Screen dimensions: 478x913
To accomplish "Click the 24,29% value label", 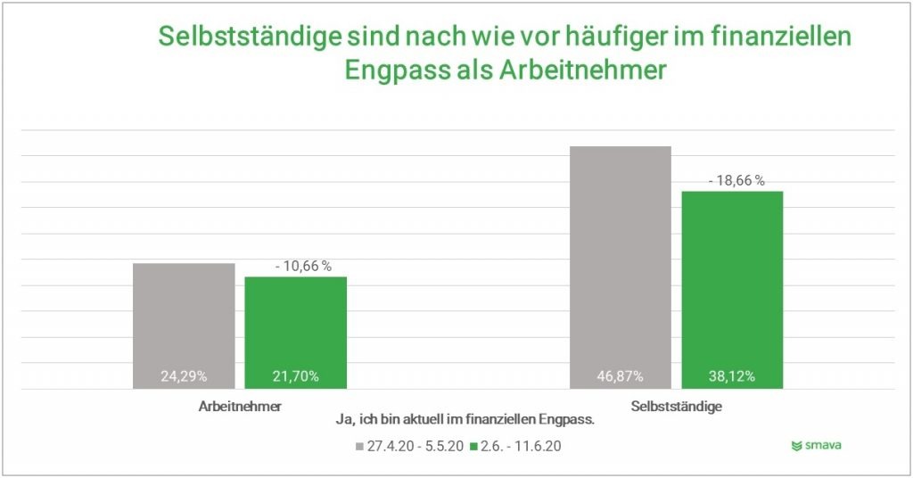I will (x=185, y=376).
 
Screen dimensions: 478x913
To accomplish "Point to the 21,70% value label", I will (x=296, y=376).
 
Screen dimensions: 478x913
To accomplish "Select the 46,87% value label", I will (x=620, y=376).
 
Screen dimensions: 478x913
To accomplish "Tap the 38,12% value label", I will (x=732, y=376).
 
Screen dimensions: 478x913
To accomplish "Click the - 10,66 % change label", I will (x=302, y=266).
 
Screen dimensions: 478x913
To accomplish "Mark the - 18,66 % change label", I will (x=736, y=180).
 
